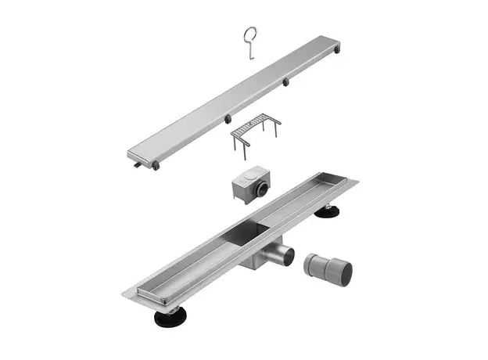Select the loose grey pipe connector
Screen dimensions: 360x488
tap(328, 267)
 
